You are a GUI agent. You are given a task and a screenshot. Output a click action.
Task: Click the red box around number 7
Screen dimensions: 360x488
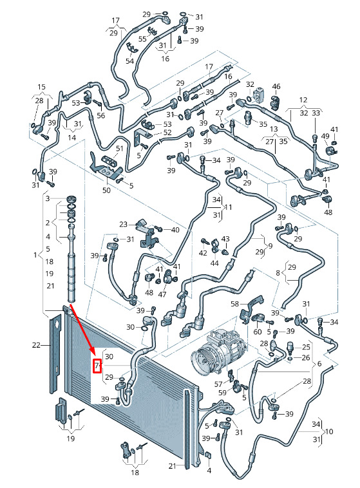point(97,366)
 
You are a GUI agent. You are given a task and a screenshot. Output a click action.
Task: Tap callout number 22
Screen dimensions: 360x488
point(37,345)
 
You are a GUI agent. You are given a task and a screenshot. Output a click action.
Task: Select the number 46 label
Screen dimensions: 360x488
point(276,86)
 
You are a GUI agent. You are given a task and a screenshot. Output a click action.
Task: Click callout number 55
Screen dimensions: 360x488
point(142,39)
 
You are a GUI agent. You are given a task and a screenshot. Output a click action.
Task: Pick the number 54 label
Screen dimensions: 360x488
point(130,61)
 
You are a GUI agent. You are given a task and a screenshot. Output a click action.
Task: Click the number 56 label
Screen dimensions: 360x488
point(101,115)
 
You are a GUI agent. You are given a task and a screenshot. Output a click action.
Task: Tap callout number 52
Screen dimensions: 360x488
point(167,133)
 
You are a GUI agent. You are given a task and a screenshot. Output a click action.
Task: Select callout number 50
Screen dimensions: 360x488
point(106,190)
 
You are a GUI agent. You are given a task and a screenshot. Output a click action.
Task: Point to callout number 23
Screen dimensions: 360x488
point(124,224)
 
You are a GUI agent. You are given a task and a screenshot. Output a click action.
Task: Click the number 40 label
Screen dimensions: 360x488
point(175,230)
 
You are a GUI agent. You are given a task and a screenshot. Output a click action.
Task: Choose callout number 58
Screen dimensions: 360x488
point(235,303)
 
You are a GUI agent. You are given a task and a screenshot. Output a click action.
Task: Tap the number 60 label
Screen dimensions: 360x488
point(258,332)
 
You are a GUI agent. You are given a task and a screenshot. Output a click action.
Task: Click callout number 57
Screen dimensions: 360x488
point(218,384)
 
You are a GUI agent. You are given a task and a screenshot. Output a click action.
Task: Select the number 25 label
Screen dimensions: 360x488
point(306,346)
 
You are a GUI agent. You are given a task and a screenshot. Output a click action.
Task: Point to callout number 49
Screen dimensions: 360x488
point(325,136)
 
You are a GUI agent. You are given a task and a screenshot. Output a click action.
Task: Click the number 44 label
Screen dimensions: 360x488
point(214,263)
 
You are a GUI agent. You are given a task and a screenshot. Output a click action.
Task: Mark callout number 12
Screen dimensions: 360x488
point(303,100)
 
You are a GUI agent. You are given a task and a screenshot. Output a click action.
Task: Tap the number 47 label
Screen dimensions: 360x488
point(162,294)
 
